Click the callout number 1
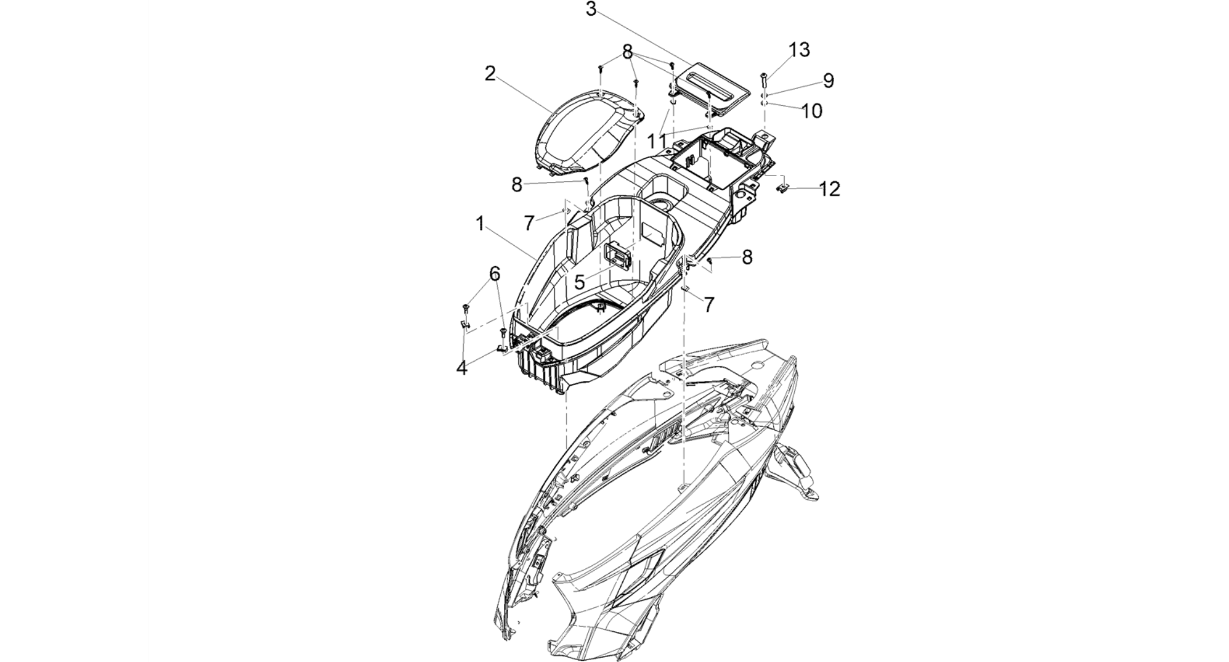click(480, 224)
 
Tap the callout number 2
click(491, 74)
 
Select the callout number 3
click(591, 10)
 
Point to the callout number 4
click(462, 368)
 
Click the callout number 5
click(579, 282)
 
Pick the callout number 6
click(494, 274)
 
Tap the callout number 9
click(829, 80)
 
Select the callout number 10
click(812, 111)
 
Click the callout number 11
click(657, 142)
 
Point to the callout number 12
click(830, 189)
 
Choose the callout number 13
click(800, 50)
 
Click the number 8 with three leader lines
click(628, 52)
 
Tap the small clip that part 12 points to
click(783, 189)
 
